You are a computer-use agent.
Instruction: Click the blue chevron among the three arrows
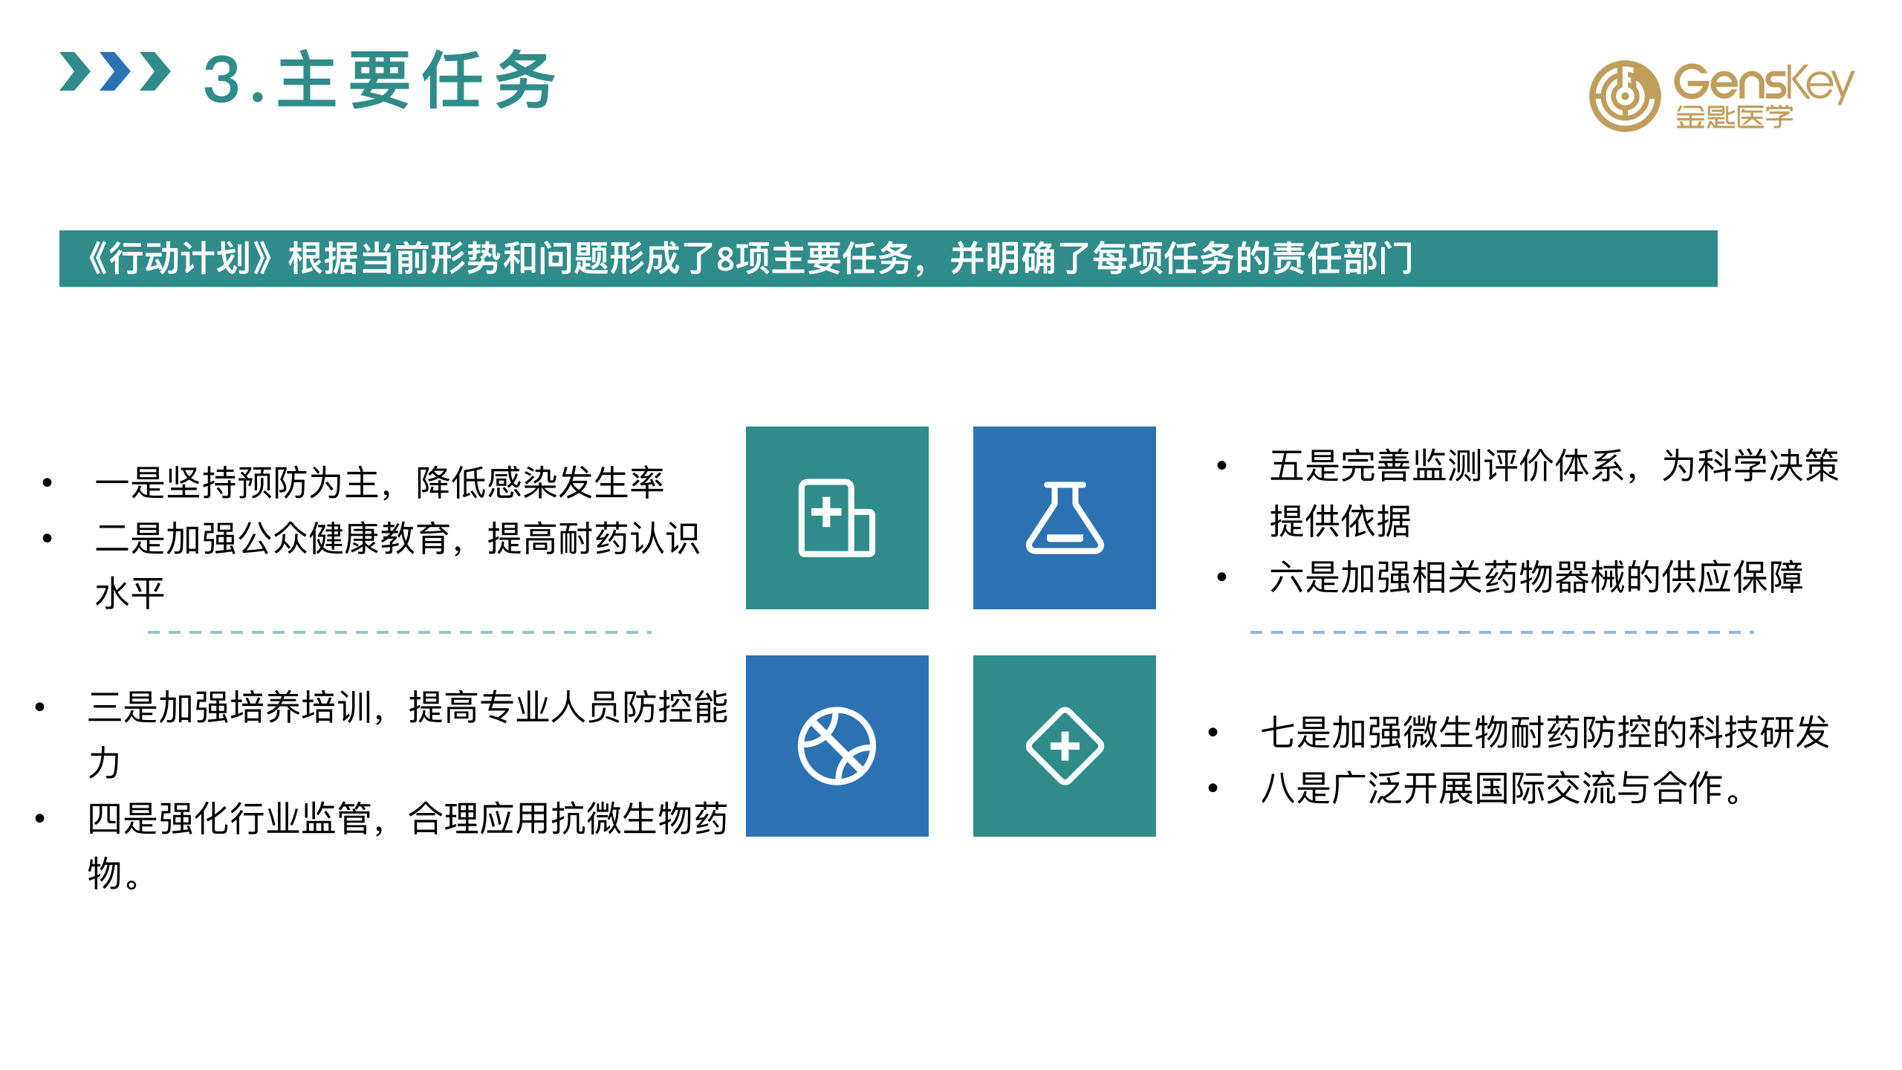[115, 72]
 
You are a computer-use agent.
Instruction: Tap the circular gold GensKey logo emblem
[1624, 96]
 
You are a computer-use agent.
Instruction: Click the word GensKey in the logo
[1763, 84]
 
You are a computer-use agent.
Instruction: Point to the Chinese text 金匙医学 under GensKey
[1734, 117]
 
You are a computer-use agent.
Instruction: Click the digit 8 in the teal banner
[725, 259]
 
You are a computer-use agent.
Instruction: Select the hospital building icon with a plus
[837, 518]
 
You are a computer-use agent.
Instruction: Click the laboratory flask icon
[1065, 518]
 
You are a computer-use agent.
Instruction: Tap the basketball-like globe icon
[837, 746]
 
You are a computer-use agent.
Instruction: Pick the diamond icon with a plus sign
[1065, 746]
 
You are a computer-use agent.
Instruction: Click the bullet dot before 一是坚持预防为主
[48, 483]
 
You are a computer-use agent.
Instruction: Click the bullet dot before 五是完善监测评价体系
[1221, 466]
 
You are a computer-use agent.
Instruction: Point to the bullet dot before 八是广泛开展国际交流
[1213, 788]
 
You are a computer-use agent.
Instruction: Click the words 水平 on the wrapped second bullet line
[130, 594]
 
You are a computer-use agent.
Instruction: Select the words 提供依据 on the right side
[1340, 521]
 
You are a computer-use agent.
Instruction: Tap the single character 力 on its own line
[104, 762]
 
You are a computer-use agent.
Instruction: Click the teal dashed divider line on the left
[400, 632]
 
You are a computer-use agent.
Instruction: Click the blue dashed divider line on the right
[1502, 632]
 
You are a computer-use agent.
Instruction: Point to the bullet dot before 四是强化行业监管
[40, 819]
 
